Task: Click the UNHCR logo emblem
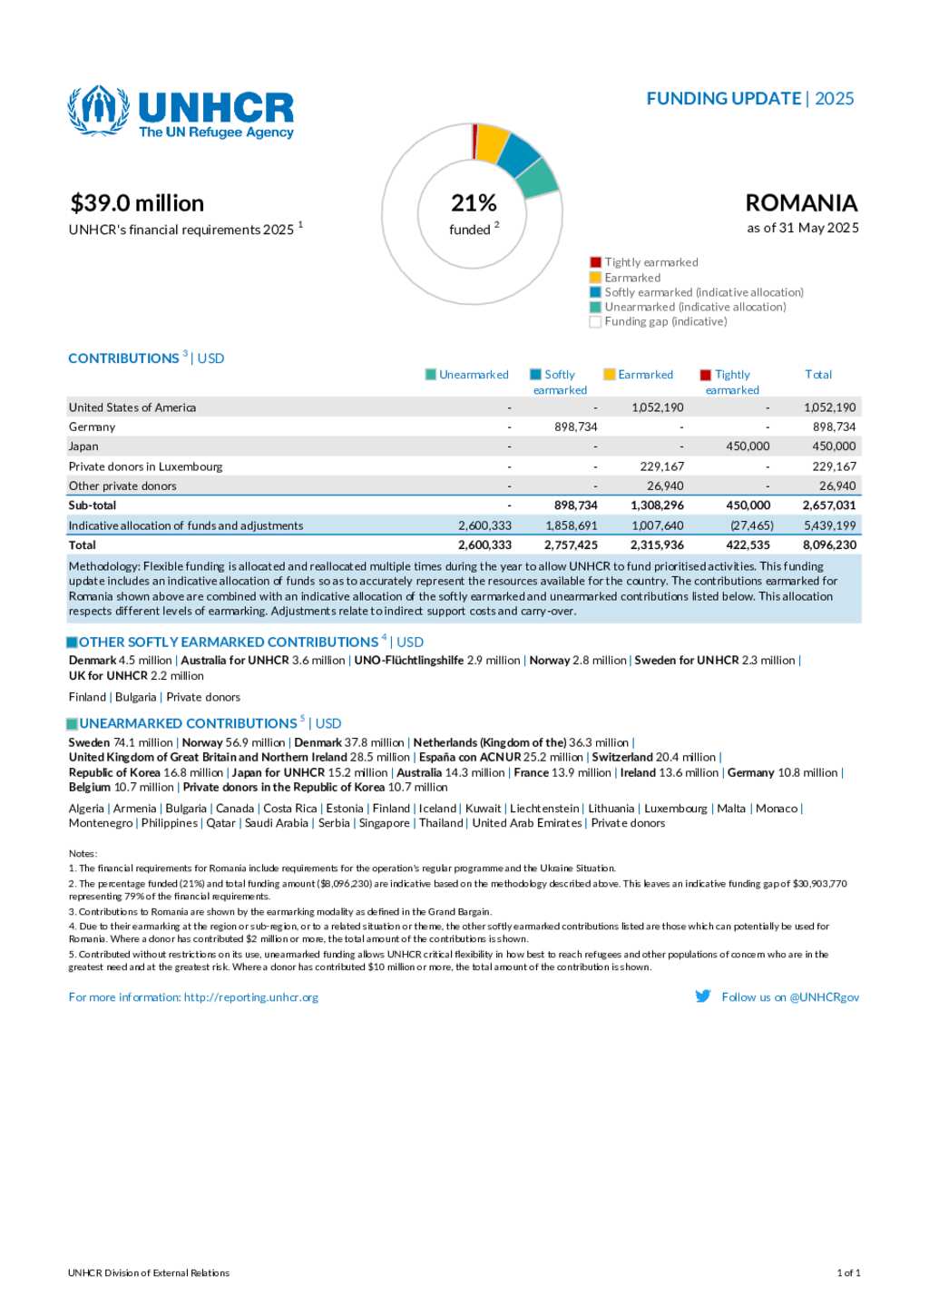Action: pyautogui.click(x=98, y=110)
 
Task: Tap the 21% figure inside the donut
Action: pyautogui.click(x=474, y=202)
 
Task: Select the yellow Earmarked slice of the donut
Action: pyautogui.click(x=491, y=142)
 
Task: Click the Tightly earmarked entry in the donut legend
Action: pyautogui.click(x=650, y=262)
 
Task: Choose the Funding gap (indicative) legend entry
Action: pyautogui.click(x=665, y=321)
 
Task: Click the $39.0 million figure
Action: pyautogui.click(x=137, y=203)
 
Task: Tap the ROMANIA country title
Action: pyautogui.click(x=801, y=202)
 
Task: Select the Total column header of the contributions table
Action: pyautogui.click(x=817, y=374)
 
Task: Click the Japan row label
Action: pyautogui.click(x=83, y=447)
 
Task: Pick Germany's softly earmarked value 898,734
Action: pyautogui.click(x=575, y=427)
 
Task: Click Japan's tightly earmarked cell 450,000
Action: pyautogui.click(x=748, y=447)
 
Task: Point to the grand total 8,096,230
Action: pyautogui.click(x=829, y=545)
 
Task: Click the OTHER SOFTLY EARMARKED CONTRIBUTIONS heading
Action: pyautogui.click(x=228, y=642)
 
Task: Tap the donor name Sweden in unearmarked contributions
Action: pyautogui.click(x=89, y=742)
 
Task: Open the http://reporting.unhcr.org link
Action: pyautogui.click(x=251, y=996)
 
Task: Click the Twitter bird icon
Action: pyautogui.click(x=703, y=996)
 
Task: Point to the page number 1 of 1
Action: pyautogui.click(x=847, y=1272)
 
